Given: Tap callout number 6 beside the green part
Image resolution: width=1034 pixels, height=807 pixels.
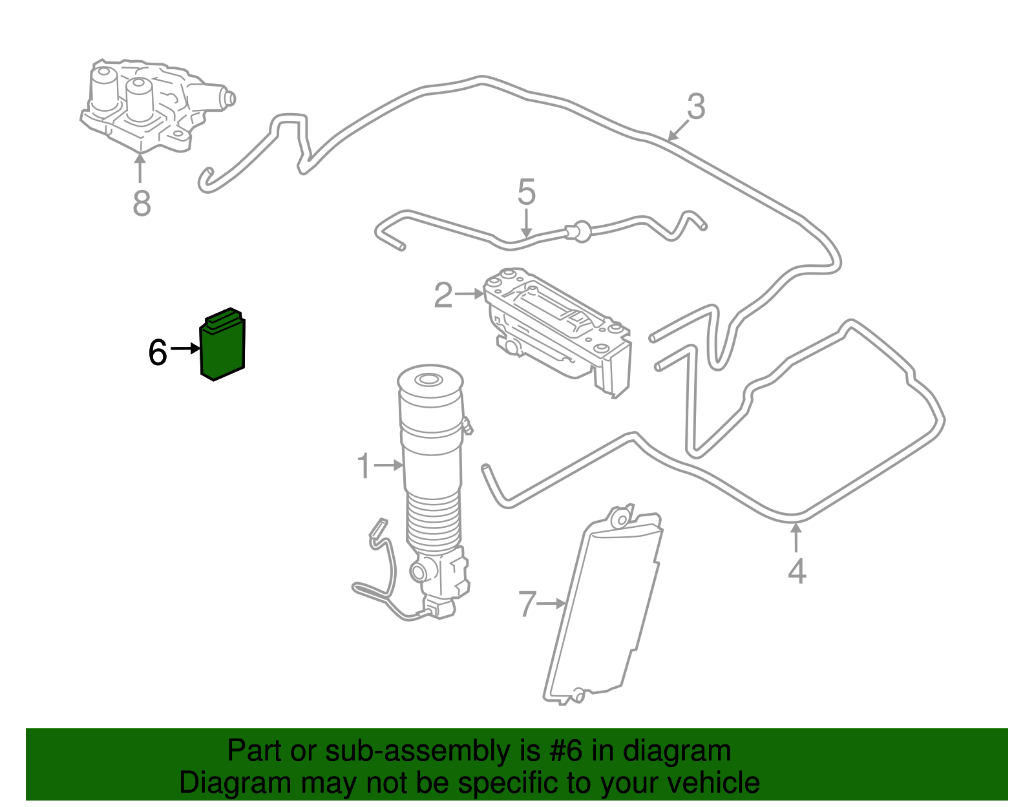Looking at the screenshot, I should [x=157, y=353].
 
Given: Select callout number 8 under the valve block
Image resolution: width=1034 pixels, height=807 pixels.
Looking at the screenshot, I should [x=142, y=203].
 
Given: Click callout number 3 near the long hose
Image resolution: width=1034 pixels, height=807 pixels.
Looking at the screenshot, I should [x=695, y=107].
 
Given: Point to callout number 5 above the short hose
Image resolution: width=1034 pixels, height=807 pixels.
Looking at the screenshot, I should [x=527, y=193].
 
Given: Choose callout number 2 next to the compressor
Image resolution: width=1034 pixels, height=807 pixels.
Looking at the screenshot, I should [x=443, y=295].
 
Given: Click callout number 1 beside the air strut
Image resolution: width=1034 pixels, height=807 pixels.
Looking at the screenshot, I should [x=364, y=466].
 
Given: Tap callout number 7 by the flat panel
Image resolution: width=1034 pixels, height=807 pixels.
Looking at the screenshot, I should [x=527, y=605].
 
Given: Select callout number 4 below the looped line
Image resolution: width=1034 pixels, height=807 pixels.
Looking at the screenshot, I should [x=797, y=572].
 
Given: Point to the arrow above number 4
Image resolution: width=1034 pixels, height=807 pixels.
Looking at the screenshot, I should [x=796, y=538].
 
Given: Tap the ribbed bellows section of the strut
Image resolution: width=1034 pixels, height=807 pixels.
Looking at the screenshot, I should [x=433, y=523].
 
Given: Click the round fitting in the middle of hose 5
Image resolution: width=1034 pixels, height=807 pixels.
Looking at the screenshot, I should [x=577, y=231].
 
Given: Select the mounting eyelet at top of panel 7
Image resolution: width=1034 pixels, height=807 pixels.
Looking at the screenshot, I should [x=620, y=519].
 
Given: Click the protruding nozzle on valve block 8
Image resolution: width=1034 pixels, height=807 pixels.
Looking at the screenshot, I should [x=227, y=98].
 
